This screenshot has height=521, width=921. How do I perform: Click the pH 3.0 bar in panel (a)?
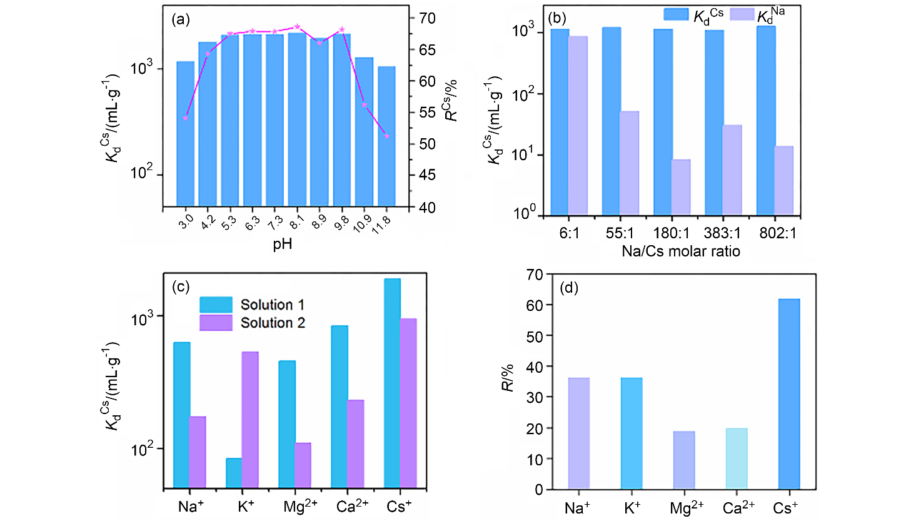coord(185,134)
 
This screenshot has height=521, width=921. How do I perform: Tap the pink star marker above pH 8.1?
coord(297,27)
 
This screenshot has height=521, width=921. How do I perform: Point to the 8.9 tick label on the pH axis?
coord(320,223)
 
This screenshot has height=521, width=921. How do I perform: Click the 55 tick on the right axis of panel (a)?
coord(427,113)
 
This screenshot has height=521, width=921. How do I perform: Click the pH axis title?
coord(283,244)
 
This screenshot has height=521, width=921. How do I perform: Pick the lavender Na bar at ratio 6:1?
coord(578,125)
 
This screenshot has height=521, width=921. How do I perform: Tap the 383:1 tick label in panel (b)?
coord(722,233)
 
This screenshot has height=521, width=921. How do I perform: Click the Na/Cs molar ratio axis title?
coord(681,251)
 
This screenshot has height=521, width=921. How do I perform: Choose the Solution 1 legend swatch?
coord(216,305)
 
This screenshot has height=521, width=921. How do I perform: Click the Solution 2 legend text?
coord(273,323)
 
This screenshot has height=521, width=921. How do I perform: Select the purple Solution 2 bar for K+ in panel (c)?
coord(250,419)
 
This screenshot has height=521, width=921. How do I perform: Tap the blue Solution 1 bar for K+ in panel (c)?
coord(234,473)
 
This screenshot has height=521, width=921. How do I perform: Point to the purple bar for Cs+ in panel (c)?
coord(408,403)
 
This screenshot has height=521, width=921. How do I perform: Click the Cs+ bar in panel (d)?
coord(789,394)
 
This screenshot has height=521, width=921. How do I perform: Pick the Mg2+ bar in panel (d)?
coord(684,460)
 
